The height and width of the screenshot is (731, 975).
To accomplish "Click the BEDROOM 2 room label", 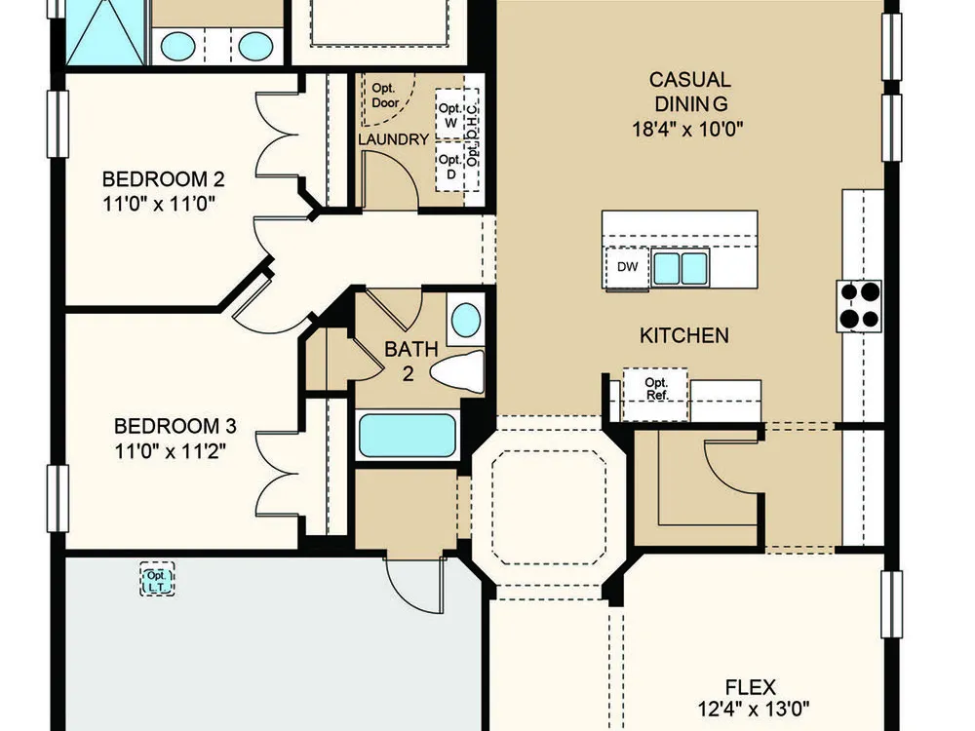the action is (x=163, y=179).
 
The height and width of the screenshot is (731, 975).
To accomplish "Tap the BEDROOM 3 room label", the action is (x=175, y=426).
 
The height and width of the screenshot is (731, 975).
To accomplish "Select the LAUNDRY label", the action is (x=394, y=139).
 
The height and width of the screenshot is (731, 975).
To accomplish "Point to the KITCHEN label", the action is (x=684, y=335).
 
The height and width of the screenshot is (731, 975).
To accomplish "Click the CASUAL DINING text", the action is (x=690, y=91).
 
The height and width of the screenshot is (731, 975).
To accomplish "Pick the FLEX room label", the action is (x=751, y=687).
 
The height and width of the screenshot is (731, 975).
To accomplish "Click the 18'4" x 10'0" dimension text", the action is (x=687, y=129).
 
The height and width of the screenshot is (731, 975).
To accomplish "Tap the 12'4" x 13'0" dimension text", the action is (x=754, y=709).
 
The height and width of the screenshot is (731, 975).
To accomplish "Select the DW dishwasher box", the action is (x=627, y=267).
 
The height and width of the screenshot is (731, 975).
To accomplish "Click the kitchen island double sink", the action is (x=681, y=268).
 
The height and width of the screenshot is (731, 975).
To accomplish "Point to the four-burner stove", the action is (x=860, y=306).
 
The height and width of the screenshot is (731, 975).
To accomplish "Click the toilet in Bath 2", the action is (x=457, y=371).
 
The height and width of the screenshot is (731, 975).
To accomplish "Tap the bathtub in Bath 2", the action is (x=408, y=435).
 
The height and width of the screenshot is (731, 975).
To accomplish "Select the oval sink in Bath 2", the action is (x=466, y=320).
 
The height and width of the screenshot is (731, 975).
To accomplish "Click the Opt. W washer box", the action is (x=450, y=114).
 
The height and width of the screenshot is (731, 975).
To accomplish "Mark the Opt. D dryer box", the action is (x=450, y=167).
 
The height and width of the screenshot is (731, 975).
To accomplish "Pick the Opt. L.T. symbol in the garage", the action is (x=157, y=579).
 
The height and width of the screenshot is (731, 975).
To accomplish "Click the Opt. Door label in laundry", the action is (x=385, y=96).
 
